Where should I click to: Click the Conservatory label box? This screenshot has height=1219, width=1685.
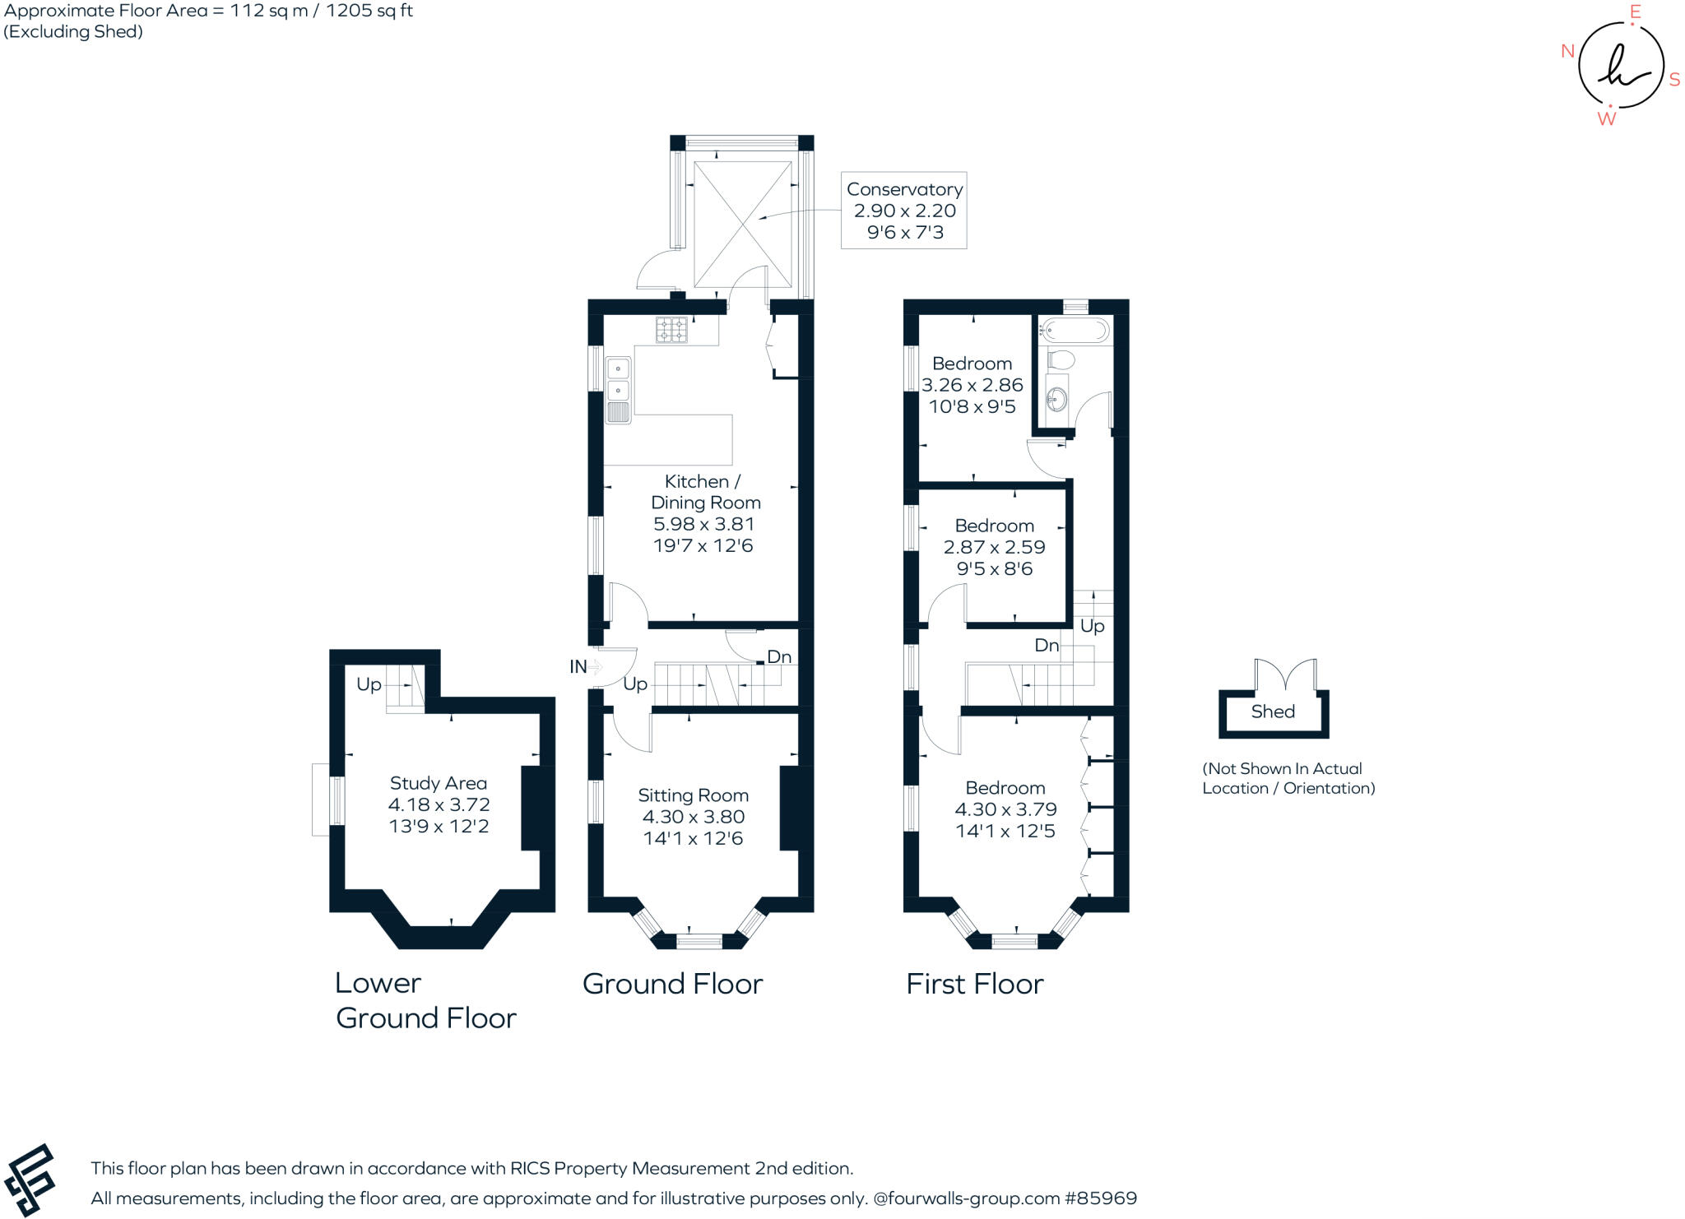pyautogui.click(x=903, y=211)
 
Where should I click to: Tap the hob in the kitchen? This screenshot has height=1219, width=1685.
pyautogui.click(x=671, y=330)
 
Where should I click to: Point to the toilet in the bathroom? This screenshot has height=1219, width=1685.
pyautogui.click(x=1061, y=359)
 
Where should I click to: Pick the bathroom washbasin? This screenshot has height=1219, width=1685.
pyautogui.click(x=1056, y=400)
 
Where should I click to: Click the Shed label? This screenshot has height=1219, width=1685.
pyautogui.click(x=1273, y=711)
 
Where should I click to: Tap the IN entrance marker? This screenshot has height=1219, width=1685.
pyautogui.click(x=578, y=666)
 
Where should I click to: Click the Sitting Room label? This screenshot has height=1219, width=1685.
pyautogui.click(x=693, y=795)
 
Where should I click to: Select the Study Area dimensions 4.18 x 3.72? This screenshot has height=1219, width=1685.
pyautogui.click(x=439, y=804)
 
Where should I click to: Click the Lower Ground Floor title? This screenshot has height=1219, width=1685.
pyautogui.click(x=425, y=1000)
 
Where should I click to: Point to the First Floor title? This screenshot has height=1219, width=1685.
pyautogui.click(x=974, y=984)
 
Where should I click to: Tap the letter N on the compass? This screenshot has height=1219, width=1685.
pyautogui.click(x=1567, y=51)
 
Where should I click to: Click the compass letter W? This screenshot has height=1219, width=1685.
pyautogui.click(x=1606, y=119)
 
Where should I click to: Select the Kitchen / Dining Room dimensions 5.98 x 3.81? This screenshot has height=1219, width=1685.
pyautogui.click(x=703, y=524)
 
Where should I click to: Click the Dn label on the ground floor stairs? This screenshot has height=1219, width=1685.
pyautogui.click(x=779, y=656)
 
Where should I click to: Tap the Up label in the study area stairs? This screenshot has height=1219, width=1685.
pyautogui.click(x=369, y=684)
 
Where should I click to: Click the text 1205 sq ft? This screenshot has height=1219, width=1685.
pyautogui.click(x=371, y=11)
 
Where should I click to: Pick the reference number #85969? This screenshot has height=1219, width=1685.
pyautogui.click(x=1101, y=1198)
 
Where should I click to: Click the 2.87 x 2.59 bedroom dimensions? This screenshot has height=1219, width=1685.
pyautogui.click(x=994, y=547)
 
